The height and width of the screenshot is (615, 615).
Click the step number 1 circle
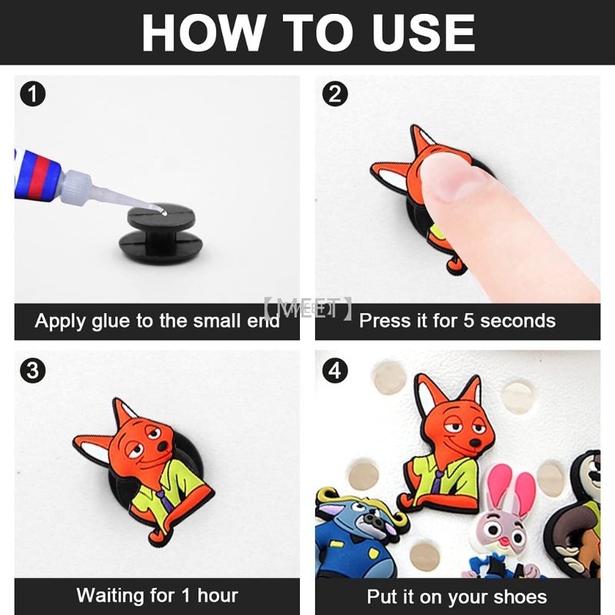32,94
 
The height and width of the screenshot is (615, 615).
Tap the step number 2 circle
335,94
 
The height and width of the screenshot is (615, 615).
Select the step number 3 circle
32,371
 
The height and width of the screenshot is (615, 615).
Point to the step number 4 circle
335,371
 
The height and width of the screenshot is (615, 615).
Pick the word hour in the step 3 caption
218,595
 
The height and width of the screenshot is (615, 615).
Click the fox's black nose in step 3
162,447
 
